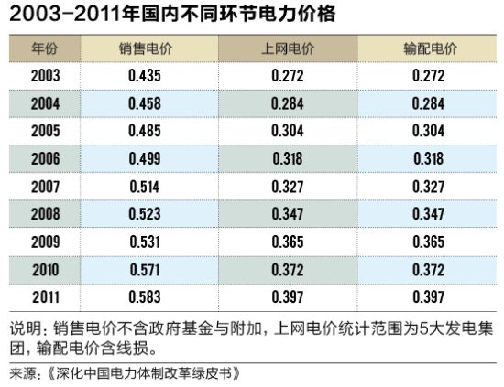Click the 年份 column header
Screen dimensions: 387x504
44,47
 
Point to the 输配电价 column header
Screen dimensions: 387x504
427,47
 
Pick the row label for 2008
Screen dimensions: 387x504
45,215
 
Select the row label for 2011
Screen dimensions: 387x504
45,298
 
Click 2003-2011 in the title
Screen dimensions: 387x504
64,14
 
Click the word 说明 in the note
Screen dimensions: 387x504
24,329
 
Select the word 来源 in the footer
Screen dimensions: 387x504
22,373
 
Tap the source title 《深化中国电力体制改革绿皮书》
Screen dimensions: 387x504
142,373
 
